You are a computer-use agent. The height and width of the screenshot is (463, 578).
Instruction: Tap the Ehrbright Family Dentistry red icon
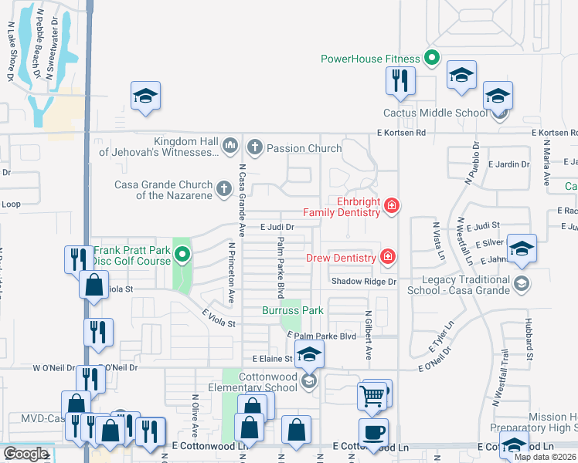(x=392, y=205)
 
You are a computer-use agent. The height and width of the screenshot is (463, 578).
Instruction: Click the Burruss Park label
(x=291, y=310)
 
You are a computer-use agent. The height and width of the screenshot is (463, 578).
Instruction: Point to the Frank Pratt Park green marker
(x=182, y=253)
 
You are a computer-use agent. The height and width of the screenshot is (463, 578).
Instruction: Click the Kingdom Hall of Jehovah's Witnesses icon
(x=229, y=146)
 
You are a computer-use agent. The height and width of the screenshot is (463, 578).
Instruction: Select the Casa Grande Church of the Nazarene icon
(x=223, y=188)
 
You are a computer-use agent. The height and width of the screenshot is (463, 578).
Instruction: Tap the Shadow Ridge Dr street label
(x=363, y=282)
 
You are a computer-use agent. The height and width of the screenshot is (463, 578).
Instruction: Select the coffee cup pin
(x=373, y=432)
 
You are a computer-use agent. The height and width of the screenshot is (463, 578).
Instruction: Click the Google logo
(x=25, y=454)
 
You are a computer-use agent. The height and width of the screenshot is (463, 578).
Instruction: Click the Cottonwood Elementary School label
(x=268, y=382)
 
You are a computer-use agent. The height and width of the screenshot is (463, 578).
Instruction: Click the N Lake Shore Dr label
(x=12, y=60)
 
